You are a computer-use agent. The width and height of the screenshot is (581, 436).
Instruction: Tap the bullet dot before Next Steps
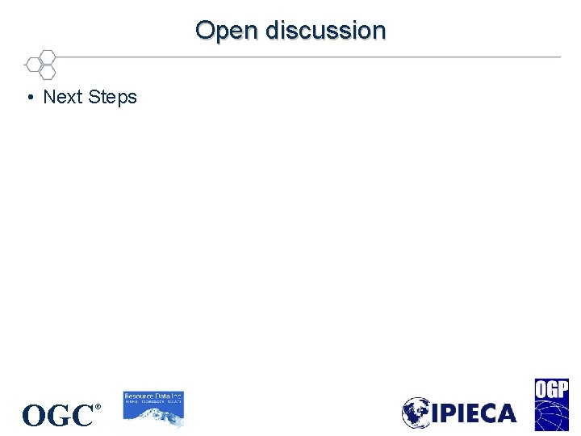coord(29,98)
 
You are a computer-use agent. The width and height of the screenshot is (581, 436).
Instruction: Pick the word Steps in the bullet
coord(113,98)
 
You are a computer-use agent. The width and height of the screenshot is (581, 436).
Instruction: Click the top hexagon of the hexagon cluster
coord(48,57)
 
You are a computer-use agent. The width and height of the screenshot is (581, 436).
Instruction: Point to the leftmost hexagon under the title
coord(33,64)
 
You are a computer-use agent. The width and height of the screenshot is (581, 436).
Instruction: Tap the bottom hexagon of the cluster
coord(48,72)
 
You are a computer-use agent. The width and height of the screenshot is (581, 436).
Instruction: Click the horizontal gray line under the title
coord(307,57)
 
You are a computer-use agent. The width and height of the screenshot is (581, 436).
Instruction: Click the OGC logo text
coord(58,415)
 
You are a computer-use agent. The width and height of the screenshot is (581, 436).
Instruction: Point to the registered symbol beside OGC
coord(98,407)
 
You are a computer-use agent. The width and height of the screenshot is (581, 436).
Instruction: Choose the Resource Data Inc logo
coord(153,409)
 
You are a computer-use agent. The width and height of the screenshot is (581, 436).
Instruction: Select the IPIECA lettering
coord(474,413)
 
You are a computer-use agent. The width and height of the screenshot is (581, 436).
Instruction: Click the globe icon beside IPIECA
coord(417,413)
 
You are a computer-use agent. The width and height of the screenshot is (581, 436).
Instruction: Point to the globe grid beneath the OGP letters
coord(551,415)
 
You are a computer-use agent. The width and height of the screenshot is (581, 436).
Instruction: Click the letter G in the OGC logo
coord(58,416)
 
